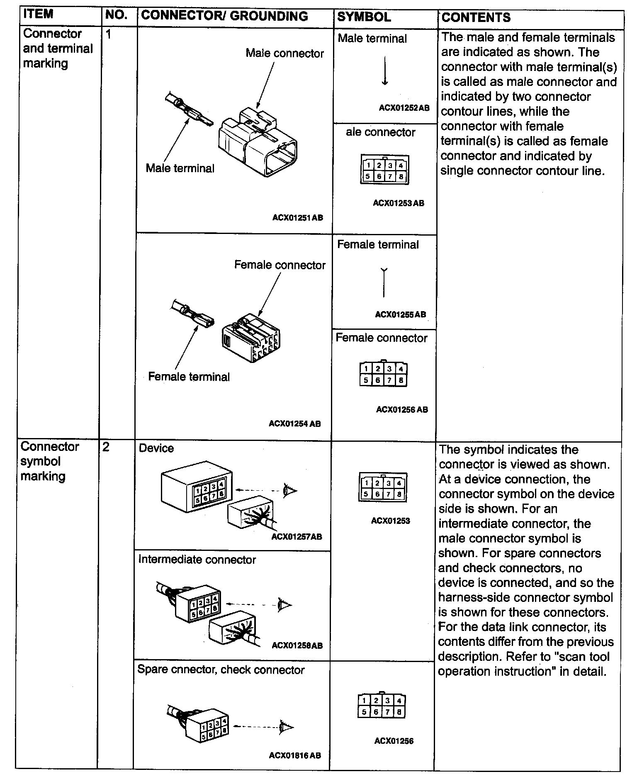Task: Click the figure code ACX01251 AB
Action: pyautogui.click(x=297, y=218)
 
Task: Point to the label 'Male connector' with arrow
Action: pyautogui.click(x=284, y=54)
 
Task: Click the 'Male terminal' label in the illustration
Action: pyautogui.click(x=180, y=168)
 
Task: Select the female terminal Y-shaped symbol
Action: pyautogui.click(x=384, y=282)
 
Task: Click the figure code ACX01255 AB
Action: pyautogui.click(x=400, y=314)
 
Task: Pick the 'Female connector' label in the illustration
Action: pyautogui.click(x=280, y=265)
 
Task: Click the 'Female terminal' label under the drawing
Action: pyautogui.click(x=189, y=377)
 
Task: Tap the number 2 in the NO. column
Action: pyautogui.click(x=106, y=447)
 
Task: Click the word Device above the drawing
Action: pyautogui.click(x=156, y=448)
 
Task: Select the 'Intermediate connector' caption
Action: pyautogui.click(x=197, y=560)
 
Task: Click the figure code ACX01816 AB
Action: pyautogui.click(x=295, y=755)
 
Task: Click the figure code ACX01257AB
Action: pyautogui.click(x=297, y=537)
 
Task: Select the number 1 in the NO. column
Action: pyautogui.click(x=109, y=34)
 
